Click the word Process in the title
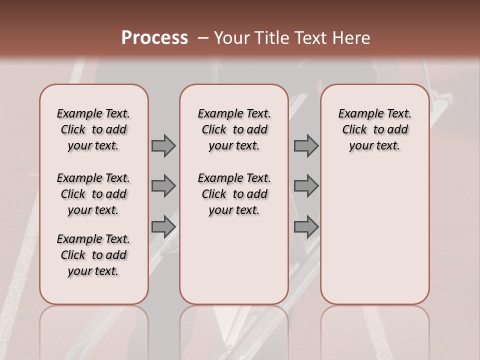pyautogui.click(x=154, y=38)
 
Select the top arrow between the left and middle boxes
pyautogui.click(x=163, y=146)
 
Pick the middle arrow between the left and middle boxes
pyautogui.click(x=163, y=186)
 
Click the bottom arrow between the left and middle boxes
pyautogui.click(x=163, y=226)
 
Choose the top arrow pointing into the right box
pyautogui.click(x=306, y=146)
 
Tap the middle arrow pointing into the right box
pyautogui.click(x=306, y=186)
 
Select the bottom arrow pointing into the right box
pyautogui.click(x=306, y=226)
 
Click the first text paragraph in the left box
pyautogui.click(x=93, y=129)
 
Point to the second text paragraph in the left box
pyautogui.click(x=93, y=194)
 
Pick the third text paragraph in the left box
pyautogui.click(x=93, y=255)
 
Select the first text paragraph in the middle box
pyautogui.click(x=234, y=129)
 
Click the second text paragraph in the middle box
pyautogui.click(x=234, y=194)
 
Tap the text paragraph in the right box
pyautogui.click(x=375, y=129)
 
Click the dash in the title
pyautogui.click(x=202, y=38)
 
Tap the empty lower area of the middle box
pyautogui.click(x=234, y=260)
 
